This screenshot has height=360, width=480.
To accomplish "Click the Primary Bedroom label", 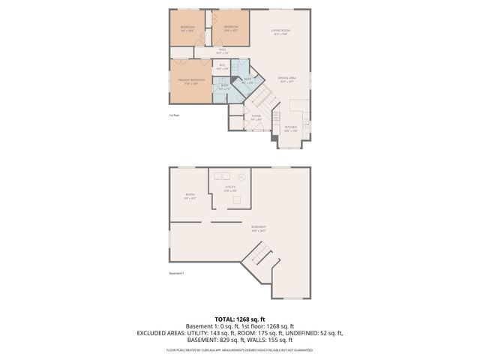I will point(191,81).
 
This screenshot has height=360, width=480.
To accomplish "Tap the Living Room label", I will point(281,32).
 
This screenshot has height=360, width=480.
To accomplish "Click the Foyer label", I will point(256,118).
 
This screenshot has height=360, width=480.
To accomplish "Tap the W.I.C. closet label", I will point(222,68).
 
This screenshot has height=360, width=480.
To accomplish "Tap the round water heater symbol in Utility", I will point(241,177).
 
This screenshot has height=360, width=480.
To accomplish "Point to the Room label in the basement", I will point(190,196).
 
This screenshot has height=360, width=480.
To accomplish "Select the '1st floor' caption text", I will point(173,115).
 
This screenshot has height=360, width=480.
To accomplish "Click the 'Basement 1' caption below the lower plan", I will point(177,273).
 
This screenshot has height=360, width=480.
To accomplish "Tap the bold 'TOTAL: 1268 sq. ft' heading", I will point(239,319).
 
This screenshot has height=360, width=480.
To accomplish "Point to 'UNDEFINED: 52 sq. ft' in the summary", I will point(312,332).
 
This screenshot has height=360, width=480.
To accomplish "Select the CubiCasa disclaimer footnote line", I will point(239,350).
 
